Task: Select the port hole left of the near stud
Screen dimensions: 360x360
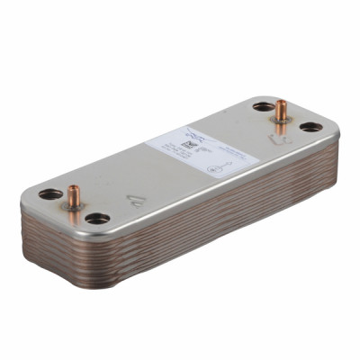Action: click(50, 193)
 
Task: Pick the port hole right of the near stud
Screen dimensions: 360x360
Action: click(97, 218)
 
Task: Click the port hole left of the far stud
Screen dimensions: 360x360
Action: click(262, 106)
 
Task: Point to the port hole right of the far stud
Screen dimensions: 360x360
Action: click(310, 127)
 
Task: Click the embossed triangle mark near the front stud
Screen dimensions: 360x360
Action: click(136, 201)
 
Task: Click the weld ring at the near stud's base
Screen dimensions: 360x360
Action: click(73, 205)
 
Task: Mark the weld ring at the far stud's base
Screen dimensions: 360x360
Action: click(281, 120)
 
